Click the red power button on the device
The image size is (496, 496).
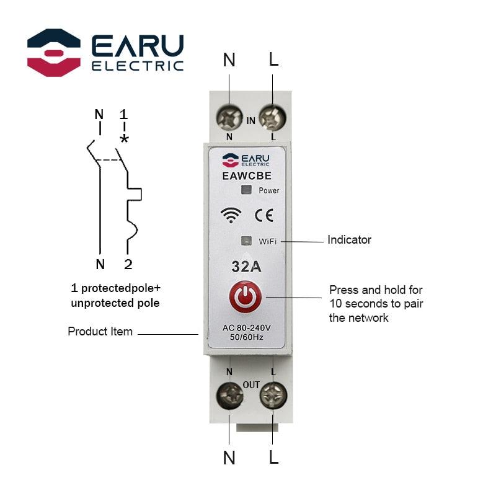coord(247,298)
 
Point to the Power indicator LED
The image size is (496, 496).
coord(246,190)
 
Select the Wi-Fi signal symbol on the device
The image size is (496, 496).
coord(231,215)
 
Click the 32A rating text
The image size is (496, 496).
coord(246,267)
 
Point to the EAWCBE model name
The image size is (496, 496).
coord(247,175)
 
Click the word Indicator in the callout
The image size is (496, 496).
coord(349,239)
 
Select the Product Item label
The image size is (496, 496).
coord(100,332)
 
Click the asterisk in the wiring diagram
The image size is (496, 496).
coord(124,139)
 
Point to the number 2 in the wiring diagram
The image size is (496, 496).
coord(128,265)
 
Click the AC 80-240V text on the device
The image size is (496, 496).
coord(247,328)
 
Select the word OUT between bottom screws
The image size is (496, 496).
coord(251,384)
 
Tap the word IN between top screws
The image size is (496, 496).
coord(250,121)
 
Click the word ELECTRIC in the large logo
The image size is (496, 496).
coord(137,66)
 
